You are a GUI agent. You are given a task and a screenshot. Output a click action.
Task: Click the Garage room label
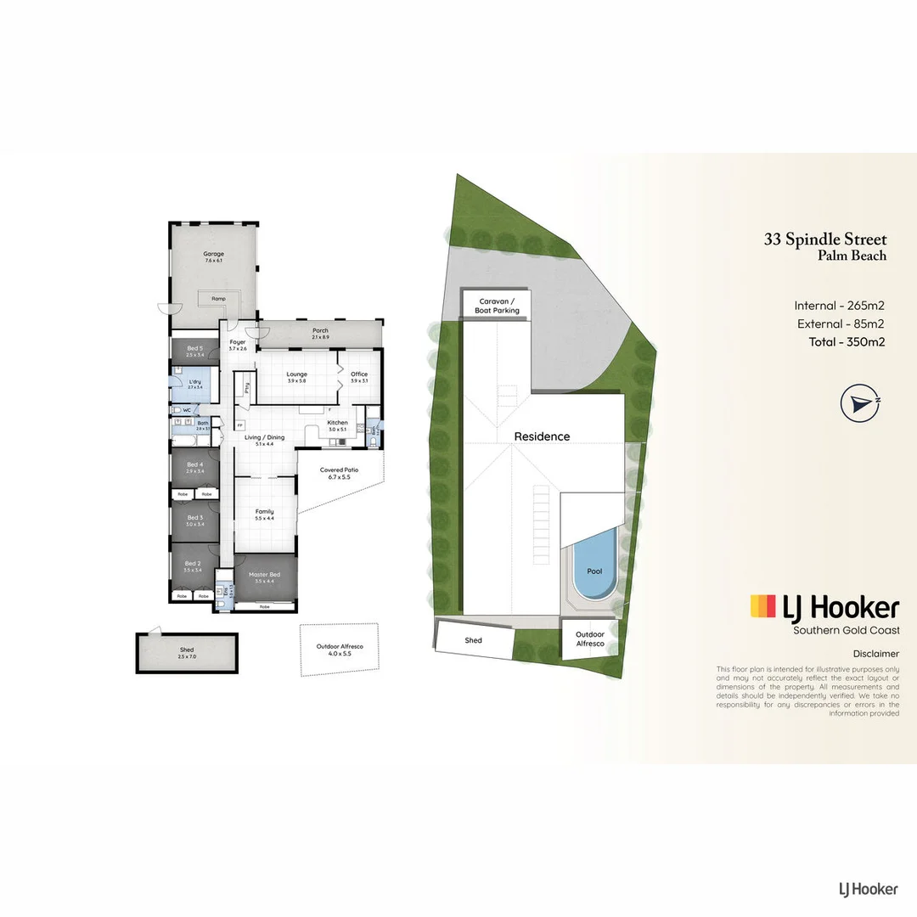213,253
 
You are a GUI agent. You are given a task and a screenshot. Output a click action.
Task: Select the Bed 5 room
195,350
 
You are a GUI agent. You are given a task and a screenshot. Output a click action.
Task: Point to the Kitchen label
338,422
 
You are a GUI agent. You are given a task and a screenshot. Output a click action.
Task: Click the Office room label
359,374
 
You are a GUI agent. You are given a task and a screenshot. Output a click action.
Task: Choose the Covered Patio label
339,470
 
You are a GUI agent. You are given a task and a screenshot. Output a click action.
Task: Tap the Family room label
265,512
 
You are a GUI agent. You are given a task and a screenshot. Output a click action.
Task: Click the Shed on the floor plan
187,653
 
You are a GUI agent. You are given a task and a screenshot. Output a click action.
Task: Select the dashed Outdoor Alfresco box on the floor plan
340,650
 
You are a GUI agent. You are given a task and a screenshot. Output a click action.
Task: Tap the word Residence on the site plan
542,436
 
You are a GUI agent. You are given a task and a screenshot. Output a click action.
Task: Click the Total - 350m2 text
841,343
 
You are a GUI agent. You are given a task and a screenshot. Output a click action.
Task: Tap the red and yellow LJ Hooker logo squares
762,606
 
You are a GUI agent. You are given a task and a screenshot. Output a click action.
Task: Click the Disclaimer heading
875,654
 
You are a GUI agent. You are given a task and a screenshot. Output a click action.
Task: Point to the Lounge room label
297,374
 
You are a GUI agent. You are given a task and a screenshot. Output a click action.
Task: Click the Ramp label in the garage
218,299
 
